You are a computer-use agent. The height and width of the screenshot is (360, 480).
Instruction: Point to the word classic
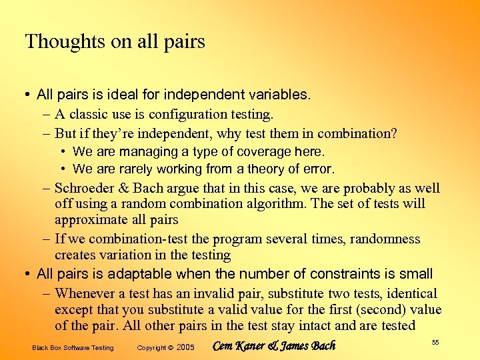click(x=91, y=115)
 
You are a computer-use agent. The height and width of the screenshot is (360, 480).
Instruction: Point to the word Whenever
click(x=84, y=293)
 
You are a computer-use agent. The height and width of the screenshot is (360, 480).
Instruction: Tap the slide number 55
click(x=435, y=343)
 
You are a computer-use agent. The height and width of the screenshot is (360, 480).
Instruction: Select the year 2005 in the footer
click(x=185, y=348)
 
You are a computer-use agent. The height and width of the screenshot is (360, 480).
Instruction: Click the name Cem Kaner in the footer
click(x=237, y=346)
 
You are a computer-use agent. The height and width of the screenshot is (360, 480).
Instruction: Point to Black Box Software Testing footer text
click(x=73, y=348)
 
